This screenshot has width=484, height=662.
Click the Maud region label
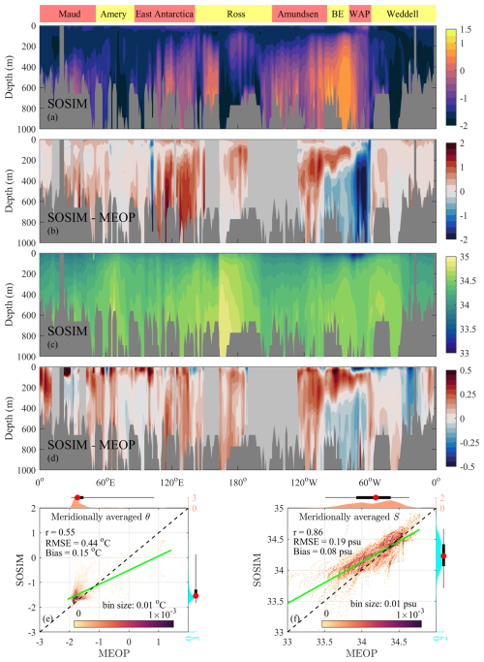pyautogui.click(x=67, y=15)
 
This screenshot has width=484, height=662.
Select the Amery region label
pyautogui.click(x=114, y=15)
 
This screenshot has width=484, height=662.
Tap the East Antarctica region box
pyautogui.click(x=165, y=15)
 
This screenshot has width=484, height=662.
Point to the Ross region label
pyautogui.click(x=234, y=15)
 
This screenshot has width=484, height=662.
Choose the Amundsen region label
pyautogui.click(x=298, y=15)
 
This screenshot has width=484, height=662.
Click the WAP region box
pyautogui.click(x=359, y=15)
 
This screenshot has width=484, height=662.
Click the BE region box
pyautogui.click(x=337, y=15)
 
